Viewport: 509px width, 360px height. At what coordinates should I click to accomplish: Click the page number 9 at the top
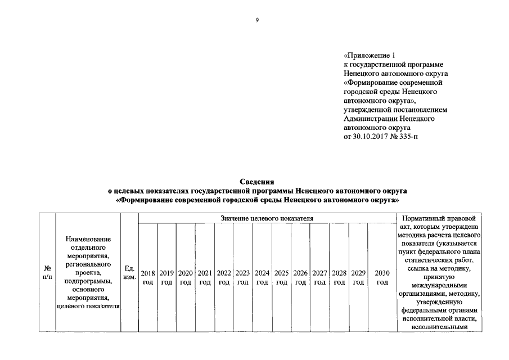tap(256, 21)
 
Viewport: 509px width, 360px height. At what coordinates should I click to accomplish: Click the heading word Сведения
tap(257, 182)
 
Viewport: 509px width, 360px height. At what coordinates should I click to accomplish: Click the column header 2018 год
tap(148, 277)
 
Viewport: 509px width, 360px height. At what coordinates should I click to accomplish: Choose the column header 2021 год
tap(205, 277)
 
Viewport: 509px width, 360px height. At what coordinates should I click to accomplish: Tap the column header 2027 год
tap(320, 277)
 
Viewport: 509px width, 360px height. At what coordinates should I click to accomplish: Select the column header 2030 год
tap(382, 277)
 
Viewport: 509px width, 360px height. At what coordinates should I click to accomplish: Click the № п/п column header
tap(47, 273)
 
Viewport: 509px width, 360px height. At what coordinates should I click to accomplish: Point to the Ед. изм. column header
tap(129, 273)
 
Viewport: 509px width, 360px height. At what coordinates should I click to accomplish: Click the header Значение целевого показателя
tap(267, 218)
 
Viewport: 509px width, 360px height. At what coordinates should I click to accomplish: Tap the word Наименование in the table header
tap(89, 240)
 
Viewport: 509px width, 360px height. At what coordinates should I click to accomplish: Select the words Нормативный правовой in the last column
tap(439, 218)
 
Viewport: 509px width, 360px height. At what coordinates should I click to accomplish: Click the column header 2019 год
tap(167, 277)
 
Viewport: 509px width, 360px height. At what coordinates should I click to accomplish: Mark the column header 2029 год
tap(358, 277)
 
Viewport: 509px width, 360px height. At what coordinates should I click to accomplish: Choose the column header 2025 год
tap(282, 277)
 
